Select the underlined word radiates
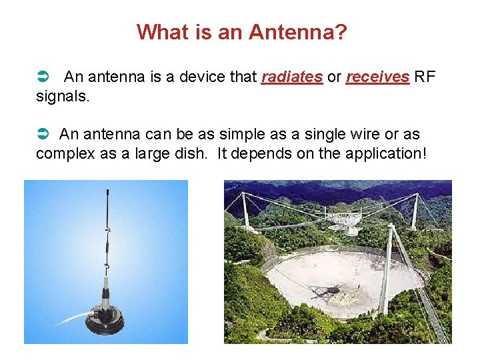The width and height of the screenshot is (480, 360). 292,77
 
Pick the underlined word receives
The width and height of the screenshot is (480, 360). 377,77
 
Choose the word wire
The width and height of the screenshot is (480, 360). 371,135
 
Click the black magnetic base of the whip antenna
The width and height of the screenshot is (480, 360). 104,323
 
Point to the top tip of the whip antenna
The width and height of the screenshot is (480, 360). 108,191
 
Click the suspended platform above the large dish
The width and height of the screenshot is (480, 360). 345,220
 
